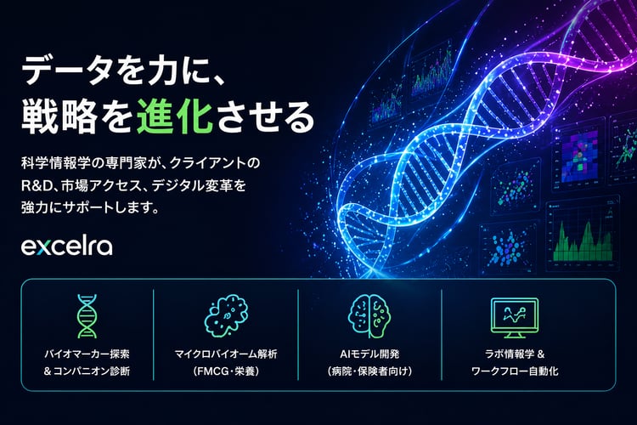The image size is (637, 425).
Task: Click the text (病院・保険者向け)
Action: (x=368, y=371)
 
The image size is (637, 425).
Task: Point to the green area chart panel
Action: (x=583, y=239)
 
